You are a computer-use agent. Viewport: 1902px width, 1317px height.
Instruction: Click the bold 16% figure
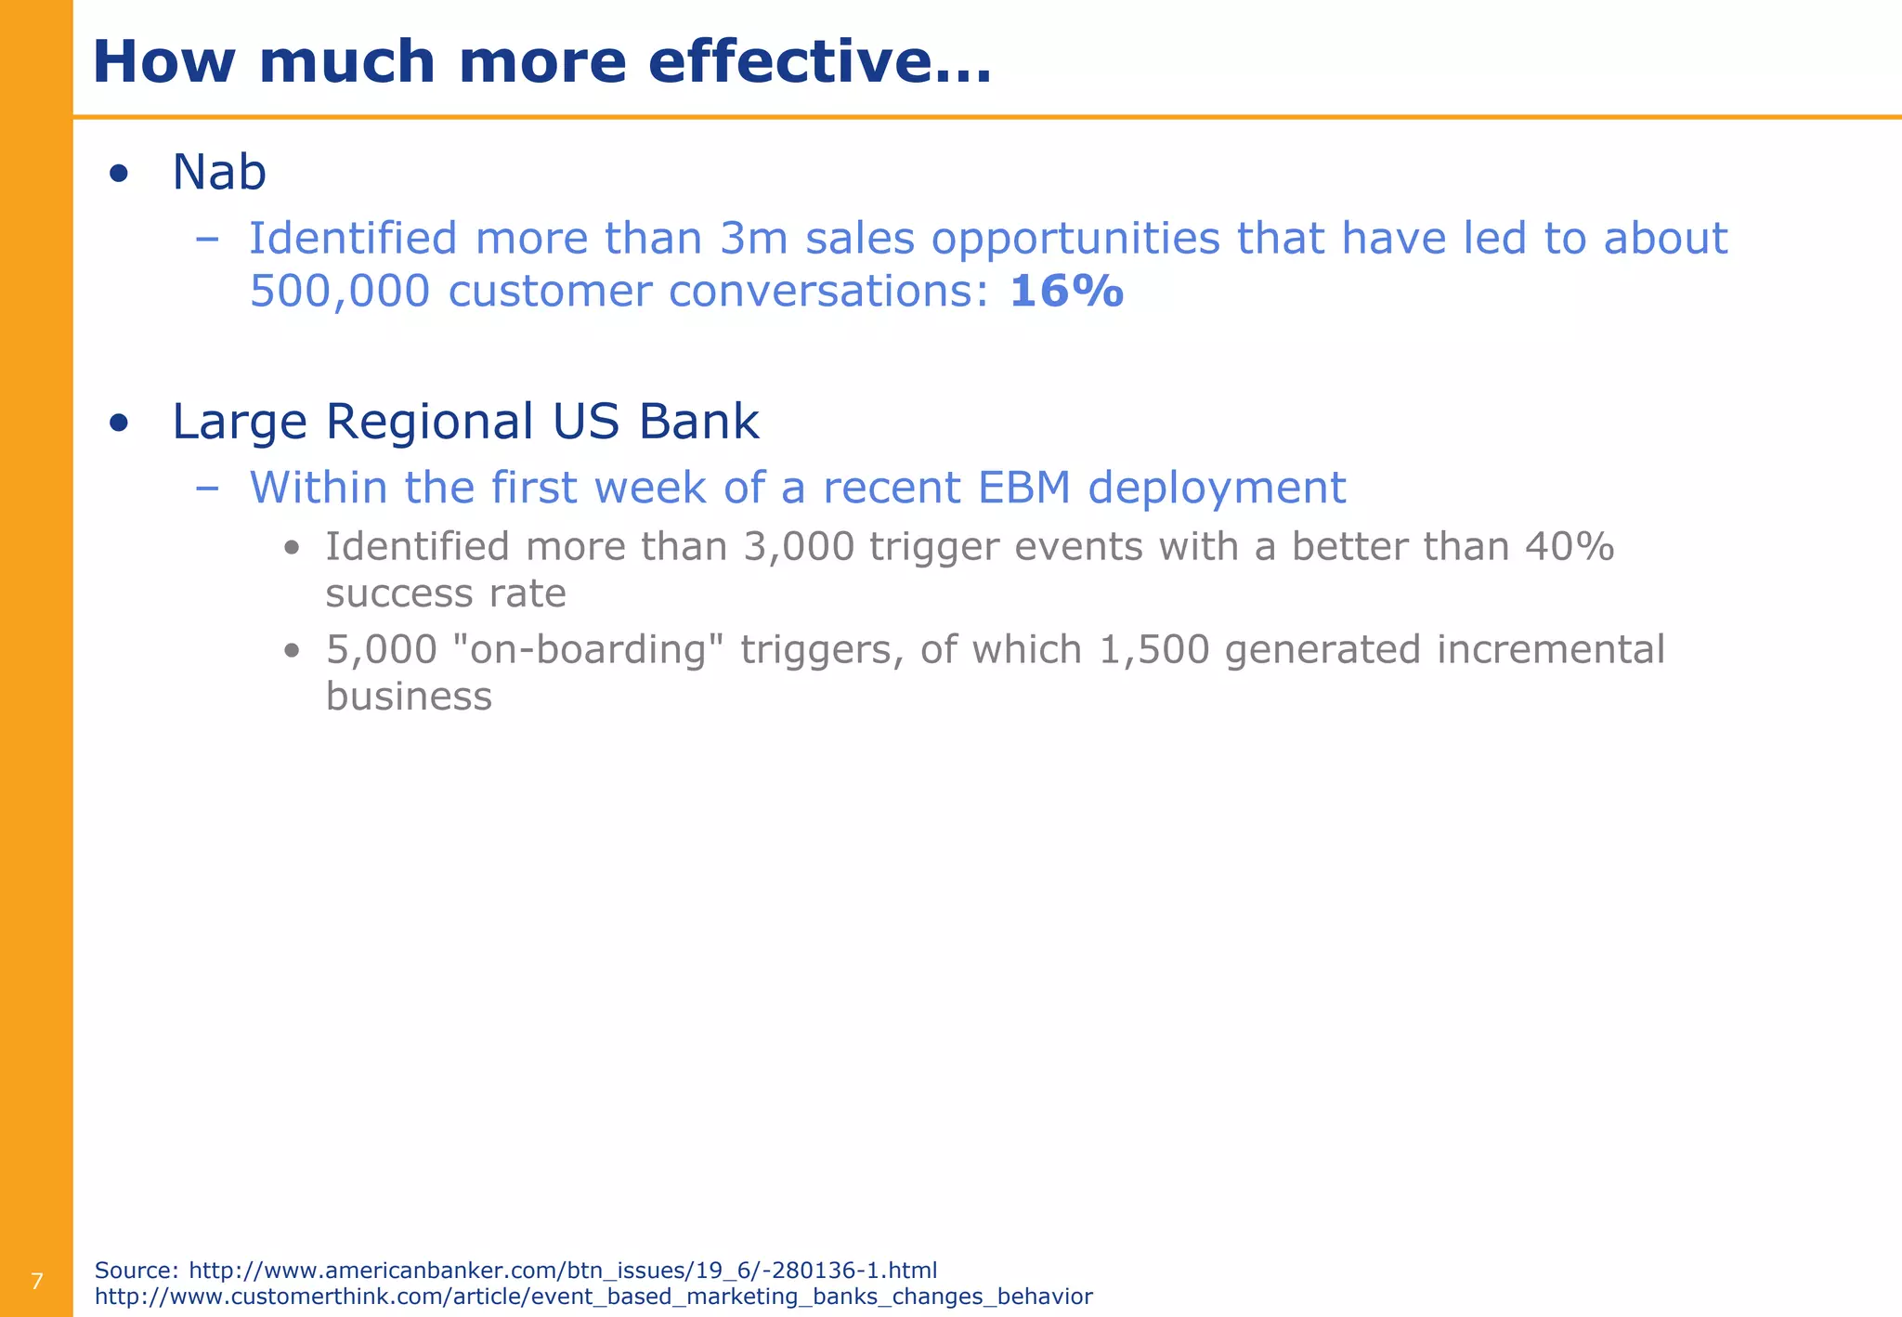pyautogui.click(x=1066, y=292)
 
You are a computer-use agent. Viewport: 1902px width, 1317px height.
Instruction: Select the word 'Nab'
pyautogui.click(x=219, y=173)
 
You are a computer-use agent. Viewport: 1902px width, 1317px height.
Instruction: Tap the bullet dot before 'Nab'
pyautogui.click(x=118, y=174)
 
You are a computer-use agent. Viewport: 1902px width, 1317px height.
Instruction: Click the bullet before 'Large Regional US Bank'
pyautogui.click(x=118, y=424)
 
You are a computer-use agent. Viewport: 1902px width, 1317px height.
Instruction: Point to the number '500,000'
pyautogui.click(x=340, y=292)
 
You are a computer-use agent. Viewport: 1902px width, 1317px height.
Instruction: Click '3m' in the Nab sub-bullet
pyautogui.click(x=754, y=239)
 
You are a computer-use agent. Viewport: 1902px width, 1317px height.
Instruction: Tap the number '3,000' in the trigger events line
pyautogui.click(x=799, y=547)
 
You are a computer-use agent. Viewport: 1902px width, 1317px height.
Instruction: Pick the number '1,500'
pyautogui.click(x=1154, y=649)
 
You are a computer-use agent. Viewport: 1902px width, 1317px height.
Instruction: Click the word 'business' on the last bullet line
pyautogui.click(x=409, y=697)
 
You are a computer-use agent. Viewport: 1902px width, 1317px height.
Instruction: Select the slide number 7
pyautogui.click(x=37, y=1283)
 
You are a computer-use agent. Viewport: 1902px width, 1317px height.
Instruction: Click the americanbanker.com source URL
pyautogui.click(x=563, y=1271)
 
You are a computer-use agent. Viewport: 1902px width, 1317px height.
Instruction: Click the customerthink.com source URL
pyautogui.click(x=593, y=1297)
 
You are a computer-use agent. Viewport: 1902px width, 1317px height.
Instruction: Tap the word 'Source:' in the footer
pyautogui.click(x=137, y=1271)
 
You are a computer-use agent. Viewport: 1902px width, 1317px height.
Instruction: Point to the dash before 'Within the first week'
pyautogui.click(x=208, y=489)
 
